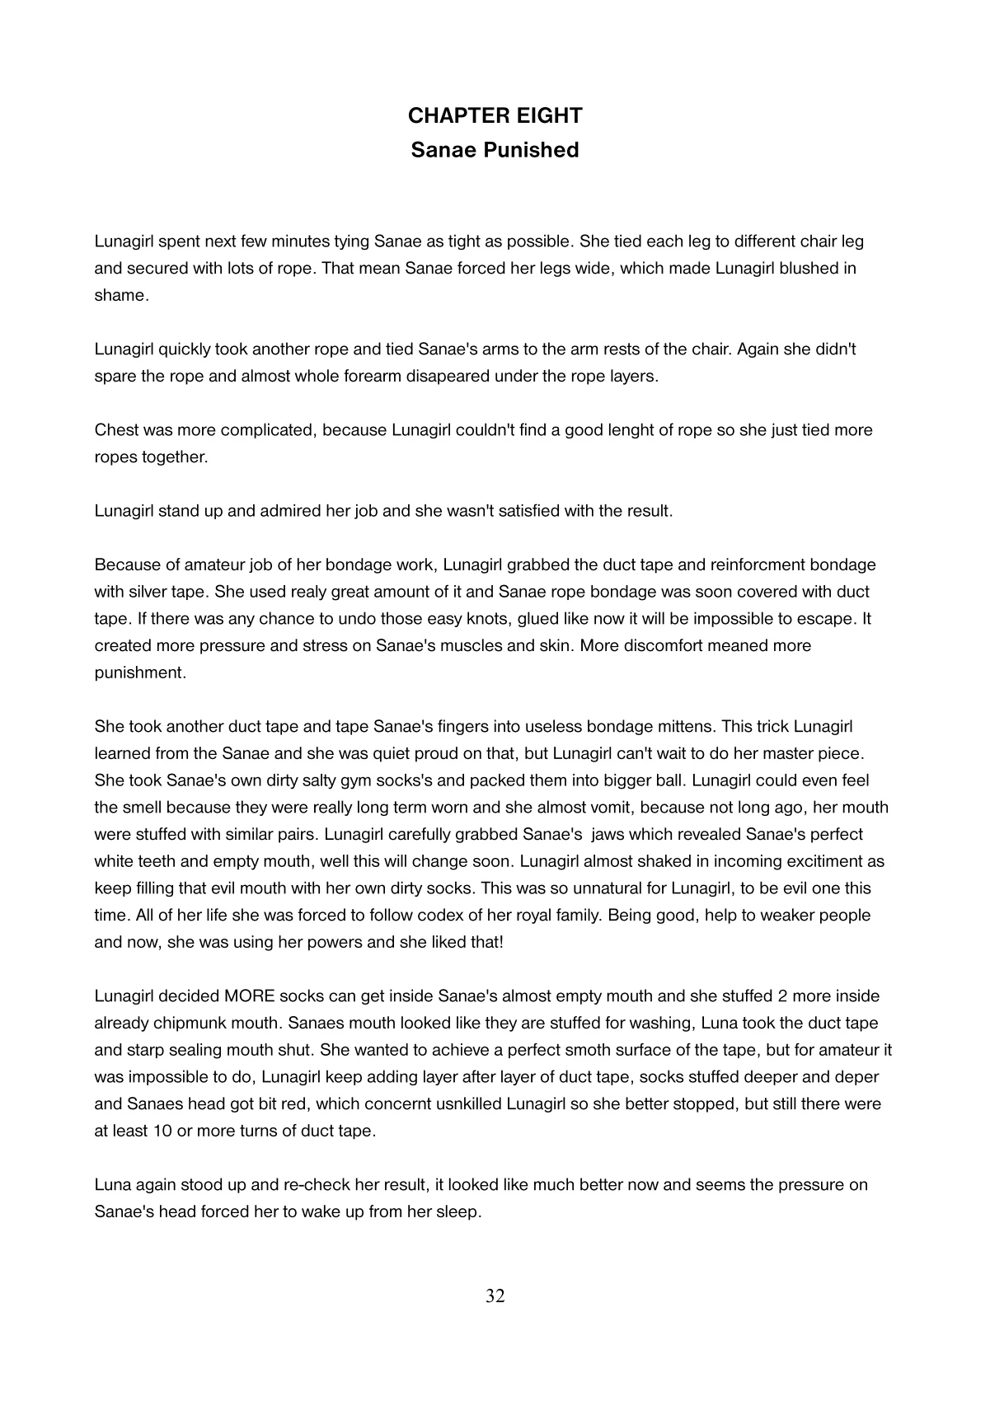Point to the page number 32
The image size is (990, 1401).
tap(495, 1296)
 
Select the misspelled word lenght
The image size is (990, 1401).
tap(628, 430)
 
